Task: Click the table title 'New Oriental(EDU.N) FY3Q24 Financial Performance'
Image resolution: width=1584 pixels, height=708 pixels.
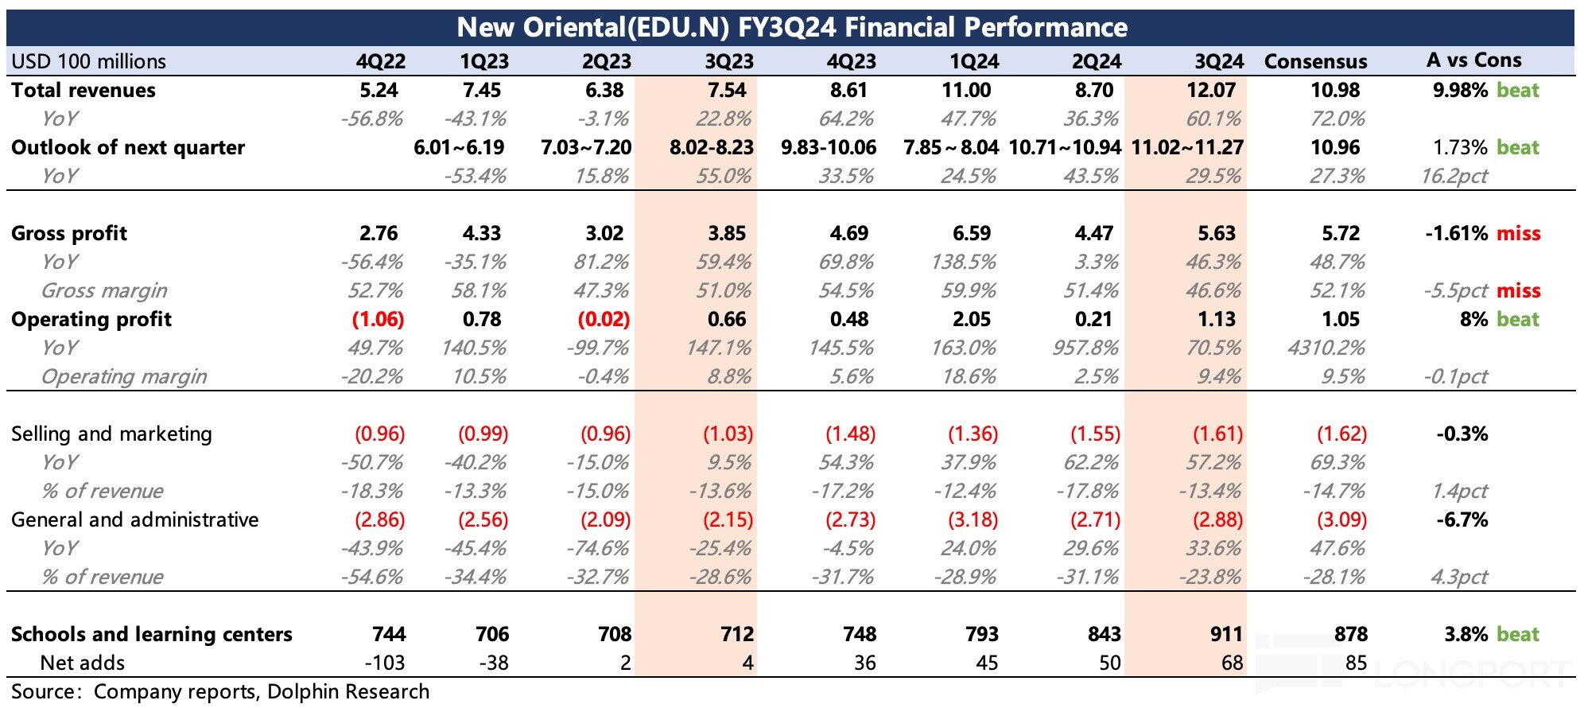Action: pos(791,28)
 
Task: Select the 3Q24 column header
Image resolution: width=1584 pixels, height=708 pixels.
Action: pos(1218,61)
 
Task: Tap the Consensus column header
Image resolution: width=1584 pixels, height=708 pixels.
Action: pos(1315,61)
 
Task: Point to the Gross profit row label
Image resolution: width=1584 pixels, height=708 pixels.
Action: pos(69,233)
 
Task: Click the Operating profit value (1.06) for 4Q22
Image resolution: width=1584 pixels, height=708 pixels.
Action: pos(378,319)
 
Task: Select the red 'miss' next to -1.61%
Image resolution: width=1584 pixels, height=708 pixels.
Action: pos(1518,233)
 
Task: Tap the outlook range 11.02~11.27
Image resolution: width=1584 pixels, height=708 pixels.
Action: pos(1186,147)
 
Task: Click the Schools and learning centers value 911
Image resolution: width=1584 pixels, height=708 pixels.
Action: pos(1226,634)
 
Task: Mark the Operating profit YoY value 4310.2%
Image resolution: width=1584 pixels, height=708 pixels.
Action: pos(1326,348)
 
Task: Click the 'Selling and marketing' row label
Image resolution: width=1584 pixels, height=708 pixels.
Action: pos(111,434)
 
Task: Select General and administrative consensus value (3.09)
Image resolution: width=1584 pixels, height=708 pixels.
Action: pos(1341,519)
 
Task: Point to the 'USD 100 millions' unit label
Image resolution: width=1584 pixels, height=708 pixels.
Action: pos(88,61)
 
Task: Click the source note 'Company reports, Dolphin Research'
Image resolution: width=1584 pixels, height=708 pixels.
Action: pos(261,691)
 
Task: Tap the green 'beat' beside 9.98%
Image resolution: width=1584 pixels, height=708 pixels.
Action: pos(1517,90)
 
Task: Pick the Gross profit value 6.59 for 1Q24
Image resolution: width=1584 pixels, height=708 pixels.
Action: pos(971,233)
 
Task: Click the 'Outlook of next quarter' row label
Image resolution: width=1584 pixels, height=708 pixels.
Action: pos(128,147)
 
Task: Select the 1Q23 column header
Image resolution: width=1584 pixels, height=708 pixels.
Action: pos(483,61)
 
